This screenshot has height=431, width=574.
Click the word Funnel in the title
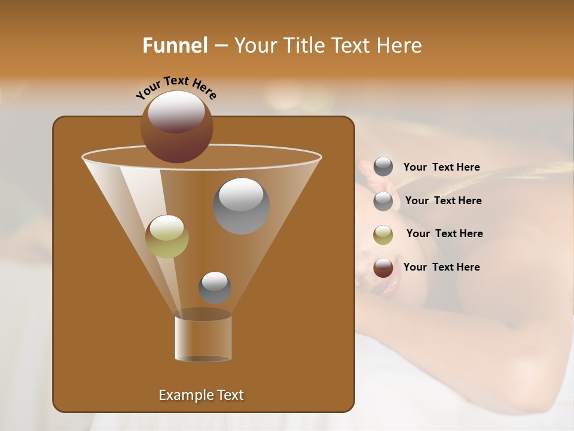175,45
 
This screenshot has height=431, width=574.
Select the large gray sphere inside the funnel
242,206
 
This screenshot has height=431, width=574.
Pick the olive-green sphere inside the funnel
167,236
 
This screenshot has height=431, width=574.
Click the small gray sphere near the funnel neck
215,287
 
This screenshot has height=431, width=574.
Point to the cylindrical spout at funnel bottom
203,339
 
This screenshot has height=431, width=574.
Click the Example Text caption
201,395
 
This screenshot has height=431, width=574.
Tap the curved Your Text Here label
176,87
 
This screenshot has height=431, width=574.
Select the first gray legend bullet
383,167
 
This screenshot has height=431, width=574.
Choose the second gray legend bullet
383,201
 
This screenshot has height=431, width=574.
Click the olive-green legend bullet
383,234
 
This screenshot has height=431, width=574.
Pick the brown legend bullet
383,268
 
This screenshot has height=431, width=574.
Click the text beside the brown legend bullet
441,267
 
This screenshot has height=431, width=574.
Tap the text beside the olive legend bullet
444,233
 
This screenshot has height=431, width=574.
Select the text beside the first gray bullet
441,167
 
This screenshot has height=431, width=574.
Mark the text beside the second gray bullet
443,201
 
